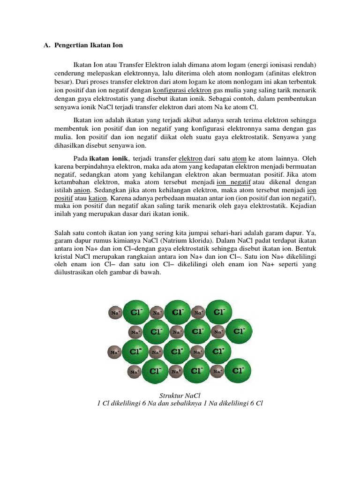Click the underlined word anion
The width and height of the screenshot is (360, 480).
pos(82,190)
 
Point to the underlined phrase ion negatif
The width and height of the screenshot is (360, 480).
pos(233,182)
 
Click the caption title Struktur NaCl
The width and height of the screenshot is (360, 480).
pos(180,395)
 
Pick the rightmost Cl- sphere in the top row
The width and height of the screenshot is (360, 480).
pos(218,312)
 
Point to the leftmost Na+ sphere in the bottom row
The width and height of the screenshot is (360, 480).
pos(135,372)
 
